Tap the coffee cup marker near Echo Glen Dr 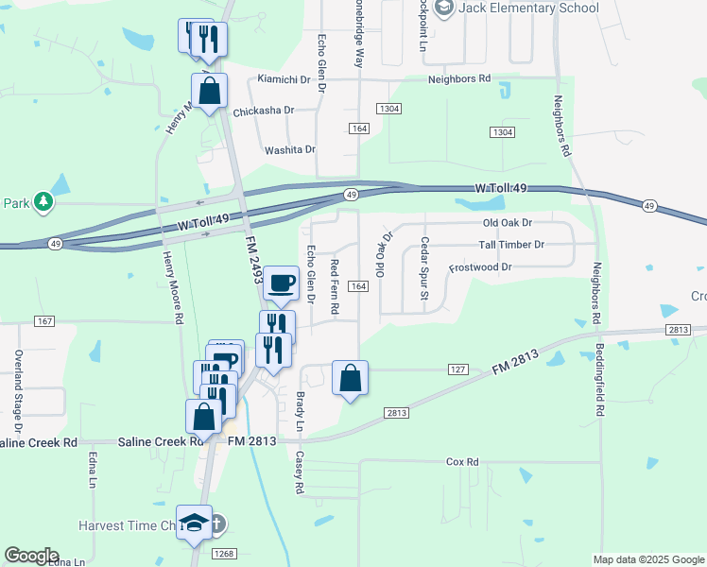tap(281, 283)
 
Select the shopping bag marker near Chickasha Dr tap(210, 92)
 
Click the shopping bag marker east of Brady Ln tap(350, 379)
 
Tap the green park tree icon tap(42, 201)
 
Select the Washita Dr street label tap(289, 149)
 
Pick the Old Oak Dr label tap(508, 223)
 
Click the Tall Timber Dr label tap(511, 245)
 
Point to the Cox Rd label tap(463, 462)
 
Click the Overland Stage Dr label tap(18, 382)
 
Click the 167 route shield tap(44, 322)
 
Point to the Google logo tap(31, 556)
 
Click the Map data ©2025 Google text tap(647, 559)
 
